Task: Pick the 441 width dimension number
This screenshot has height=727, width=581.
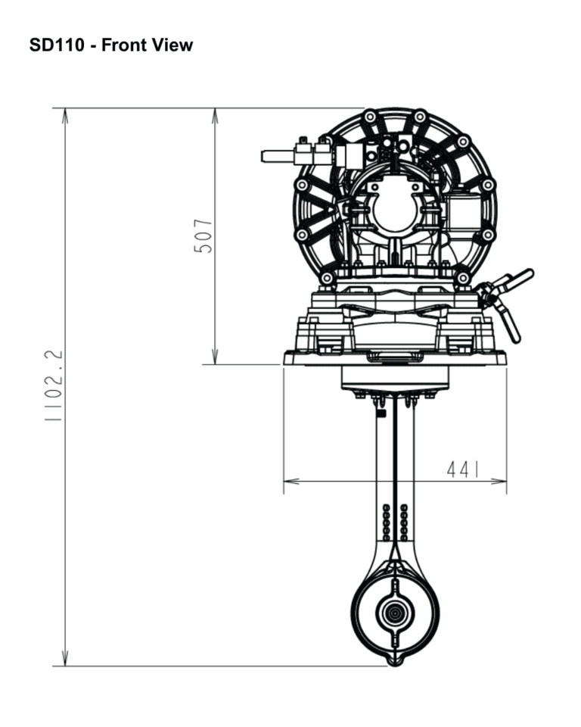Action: [x=463, y=470]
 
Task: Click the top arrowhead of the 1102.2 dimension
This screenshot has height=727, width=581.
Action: [x=65, y=114]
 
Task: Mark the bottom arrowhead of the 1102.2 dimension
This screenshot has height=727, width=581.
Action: [x=65, y=660]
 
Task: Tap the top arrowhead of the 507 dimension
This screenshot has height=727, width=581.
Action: [x=216, y=114]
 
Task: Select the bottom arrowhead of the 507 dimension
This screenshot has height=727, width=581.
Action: [x=216, y=359]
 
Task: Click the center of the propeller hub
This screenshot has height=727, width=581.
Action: [x=394, y=614]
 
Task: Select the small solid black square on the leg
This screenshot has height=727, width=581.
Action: [x=381, y=413]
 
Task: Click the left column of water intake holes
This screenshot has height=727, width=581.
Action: [x=387, y=522]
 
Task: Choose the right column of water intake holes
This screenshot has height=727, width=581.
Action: [x=404, y=522]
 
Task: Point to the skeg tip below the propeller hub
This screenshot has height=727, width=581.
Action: [x=393, y=663]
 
